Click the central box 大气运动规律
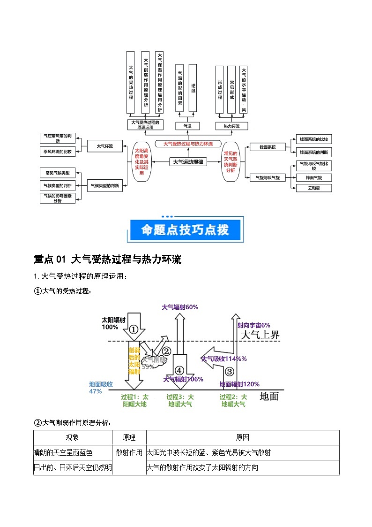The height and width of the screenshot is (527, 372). [x=188, y=162]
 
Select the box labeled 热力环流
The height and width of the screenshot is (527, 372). [x=231, y=126]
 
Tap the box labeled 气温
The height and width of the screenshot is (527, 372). [x=186, y=126]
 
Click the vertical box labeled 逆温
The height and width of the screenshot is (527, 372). [x=193, y=88]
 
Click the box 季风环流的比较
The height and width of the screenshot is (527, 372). [x=58, y=152]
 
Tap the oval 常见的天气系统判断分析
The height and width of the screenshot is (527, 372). [x=230, y=162]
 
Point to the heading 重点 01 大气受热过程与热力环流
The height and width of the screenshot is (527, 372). [x=107, y=259]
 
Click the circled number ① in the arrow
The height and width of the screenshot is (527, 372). [x=134, y=329]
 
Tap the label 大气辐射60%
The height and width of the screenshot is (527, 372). [x=180, y=307]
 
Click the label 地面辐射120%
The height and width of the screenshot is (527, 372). [x=239, y=384]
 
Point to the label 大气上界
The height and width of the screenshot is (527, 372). [x=260, y=335]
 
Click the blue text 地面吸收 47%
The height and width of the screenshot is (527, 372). [x=101, y=388]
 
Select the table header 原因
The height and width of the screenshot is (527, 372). [x=243, y=437]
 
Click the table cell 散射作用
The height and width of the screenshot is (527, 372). [x=129, y=452]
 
